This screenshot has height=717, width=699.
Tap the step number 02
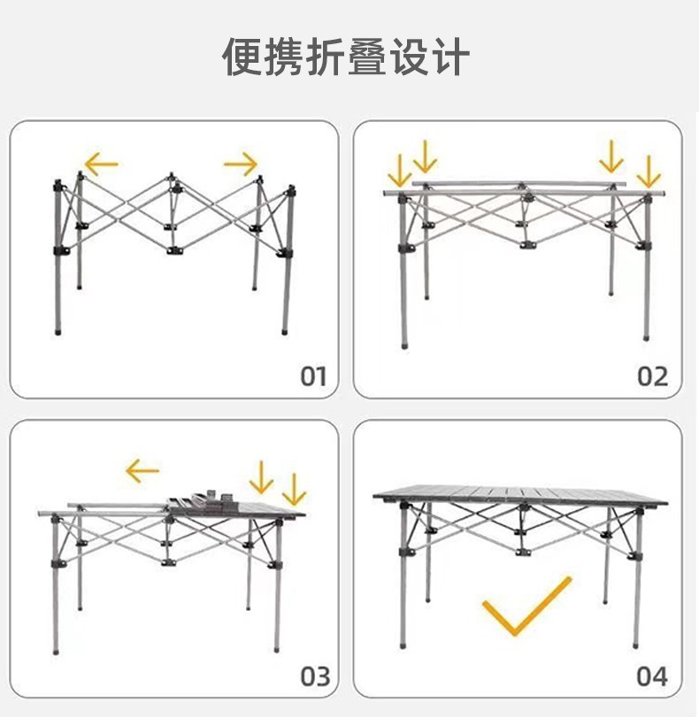(653, 376)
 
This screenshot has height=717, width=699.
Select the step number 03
(314, 677)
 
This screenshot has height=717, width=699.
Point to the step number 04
(652, 677)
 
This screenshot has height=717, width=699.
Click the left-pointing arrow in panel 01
(101, 163)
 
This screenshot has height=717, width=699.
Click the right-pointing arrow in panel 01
(241, 163)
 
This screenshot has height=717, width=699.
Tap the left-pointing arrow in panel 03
(142, 470)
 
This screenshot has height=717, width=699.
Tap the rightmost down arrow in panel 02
(649, 171)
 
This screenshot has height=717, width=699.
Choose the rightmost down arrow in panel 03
(293, 489)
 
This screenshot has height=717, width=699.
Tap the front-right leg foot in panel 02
(645, 337)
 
